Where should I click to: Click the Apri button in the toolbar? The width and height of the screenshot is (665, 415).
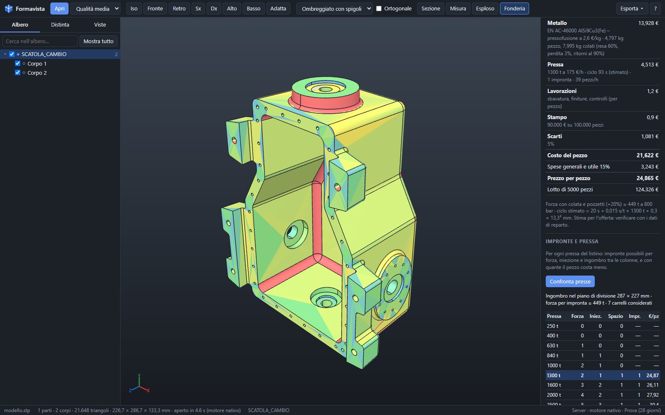click(x=59, y=9)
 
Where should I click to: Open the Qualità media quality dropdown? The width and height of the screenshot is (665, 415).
click(x=96, y=9)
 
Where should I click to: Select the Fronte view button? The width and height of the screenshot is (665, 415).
click(x=155, y=9)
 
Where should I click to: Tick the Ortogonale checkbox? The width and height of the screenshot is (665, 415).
click(x=379, y=9)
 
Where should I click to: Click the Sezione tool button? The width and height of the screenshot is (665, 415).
click(x=431, y=9)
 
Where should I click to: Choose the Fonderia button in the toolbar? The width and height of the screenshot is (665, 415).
click(x=514, y=9)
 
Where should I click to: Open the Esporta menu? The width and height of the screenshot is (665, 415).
click(x=631, y=9)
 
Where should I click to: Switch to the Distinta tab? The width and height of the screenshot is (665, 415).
click(x=60, y=24)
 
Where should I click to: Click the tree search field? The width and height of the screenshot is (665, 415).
click(x=40, y=41)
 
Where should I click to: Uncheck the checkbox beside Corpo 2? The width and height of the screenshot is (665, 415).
click(x=17, y=73)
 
